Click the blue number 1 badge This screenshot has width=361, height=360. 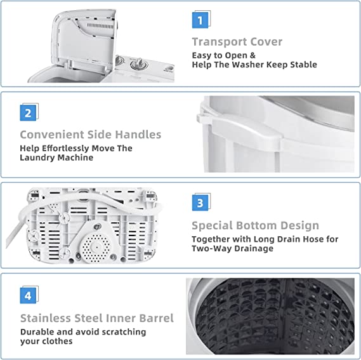(200, 20)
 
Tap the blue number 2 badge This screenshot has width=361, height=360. (28, 113)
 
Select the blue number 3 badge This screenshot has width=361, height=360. (200, 203)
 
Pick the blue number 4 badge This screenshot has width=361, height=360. (28, 295)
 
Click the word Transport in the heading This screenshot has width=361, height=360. (219, 42)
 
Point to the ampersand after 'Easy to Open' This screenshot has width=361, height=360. (253, 55)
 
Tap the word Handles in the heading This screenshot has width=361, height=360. (138, 135)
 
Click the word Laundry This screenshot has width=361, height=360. (37, 158)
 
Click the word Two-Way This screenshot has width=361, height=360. (210, 248)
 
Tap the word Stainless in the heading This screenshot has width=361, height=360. (46, 318)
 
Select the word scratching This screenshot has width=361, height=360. (124, 332)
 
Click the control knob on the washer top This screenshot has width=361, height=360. (139, 64)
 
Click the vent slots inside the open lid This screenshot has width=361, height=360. (100, 26)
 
